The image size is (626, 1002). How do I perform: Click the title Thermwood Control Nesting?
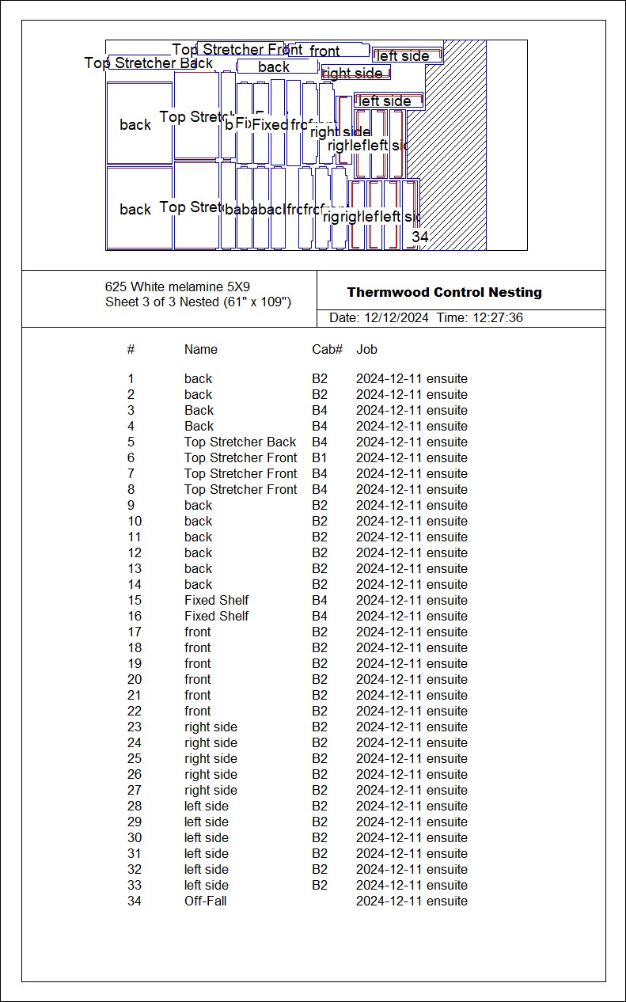(x=444, y=293)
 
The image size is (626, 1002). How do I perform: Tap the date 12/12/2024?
(x=396, y=318)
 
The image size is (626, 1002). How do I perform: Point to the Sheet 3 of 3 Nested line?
(x=198, y=302)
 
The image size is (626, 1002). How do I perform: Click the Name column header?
(x=200, y=349)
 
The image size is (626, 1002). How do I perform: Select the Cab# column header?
(x=327, y=349)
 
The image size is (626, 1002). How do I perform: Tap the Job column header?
(x=366, y=349)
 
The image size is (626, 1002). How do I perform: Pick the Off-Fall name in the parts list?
(x=205, y=901)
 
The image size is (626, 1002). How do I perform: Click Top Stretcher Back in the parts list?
(x=240, y=442)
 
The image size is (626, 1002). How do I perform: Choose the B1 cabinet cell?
(x=319, y=457)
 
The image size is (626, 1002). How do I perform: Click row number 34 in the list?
(x=135, y=901)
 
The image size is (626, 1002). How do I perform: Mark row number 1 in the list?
(x=131, y=378)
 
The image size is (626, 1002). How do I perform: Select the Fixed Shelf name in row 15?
(x=216, y=600)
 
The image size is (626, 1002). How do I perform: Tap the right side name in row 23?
(x=211, y=727)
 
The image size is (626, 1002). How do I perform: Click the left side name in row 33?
(x=206, y=885)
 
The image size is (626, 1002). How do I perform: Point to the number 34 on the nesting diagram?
(x=419, y=237)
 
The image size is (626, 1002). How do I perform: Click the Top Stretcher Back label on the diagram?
(x=149, y=63)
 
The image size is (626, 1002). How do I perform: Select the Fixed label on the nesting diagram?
(x=270, y=124)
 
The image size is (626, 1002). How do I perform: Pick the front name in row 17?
(x=197, y=632)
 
